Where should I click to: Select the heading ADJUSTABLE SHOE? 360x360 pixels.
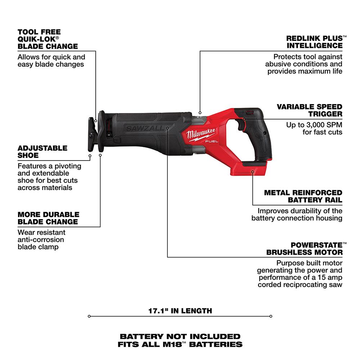(42, 152)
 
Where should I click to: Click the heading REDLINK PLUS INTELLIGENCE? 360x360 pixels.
(314, 42)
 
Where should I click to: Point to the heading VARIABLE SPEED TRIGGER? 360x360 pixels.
(309, 110)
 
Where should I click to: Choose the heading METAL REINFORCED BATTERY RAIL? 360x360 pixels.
(303, 196)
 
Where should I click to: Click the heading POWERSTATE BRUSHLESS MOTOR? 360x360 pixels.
(304, 248)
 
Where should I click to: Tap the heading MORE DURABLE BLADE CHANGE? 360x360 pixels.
(48, 218)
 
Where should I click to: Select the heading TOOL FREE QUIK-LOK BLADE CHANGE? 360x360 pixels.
(48, 39)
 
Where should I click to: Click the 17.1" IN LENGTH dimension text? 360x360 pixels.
(180, 310)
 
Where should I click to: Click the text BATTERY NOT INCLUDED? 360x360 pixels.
(180, 336)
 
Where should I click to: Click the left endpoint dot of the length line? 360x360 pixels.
(89, 316)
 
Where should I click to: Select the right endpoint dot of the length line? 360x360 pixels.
(271, 316)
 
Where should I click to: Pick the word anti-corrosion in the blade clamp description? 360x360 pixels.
(41, 239)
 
